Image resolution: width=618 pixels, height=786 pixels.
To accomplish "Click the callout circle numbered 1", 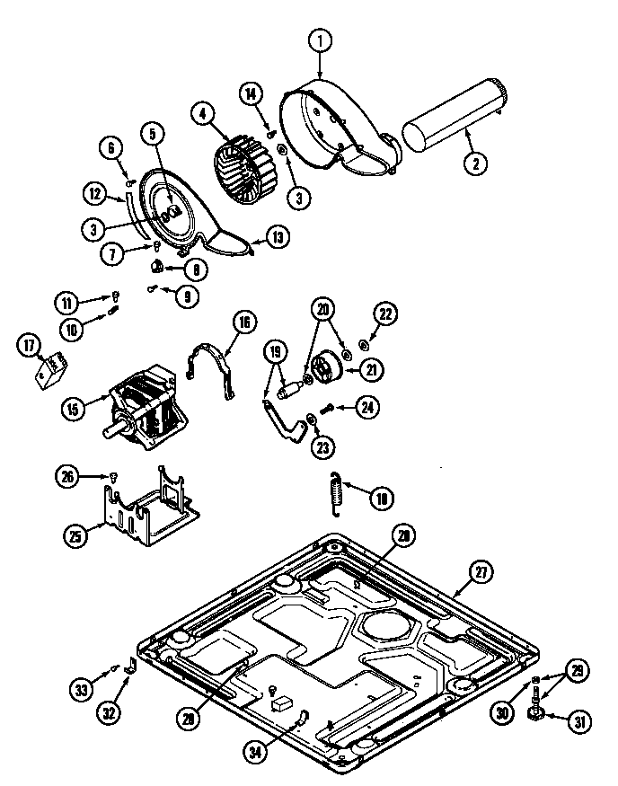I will click(321, 40).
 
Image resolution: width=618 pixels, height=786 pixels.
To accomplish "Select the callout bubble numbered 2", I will click(474, 163).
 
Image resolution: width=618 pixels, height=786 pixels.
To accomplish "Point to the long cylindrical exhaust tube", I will click(453, 112).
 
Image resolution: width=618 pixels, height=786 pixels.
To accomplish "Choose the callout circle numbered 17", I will click(30, 344).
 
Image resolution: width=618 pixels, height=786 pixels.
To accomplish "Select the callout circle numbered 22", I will click(386, 314).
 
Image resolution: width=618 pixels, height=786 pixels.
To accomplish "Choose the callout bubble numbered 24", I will click(366, 407).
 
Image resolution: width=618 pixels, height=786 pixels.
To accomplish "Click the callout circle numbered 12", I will click(97, 191).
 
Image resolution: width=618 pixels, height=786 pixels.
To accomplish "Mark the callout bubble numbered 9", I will click(187, 296).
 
